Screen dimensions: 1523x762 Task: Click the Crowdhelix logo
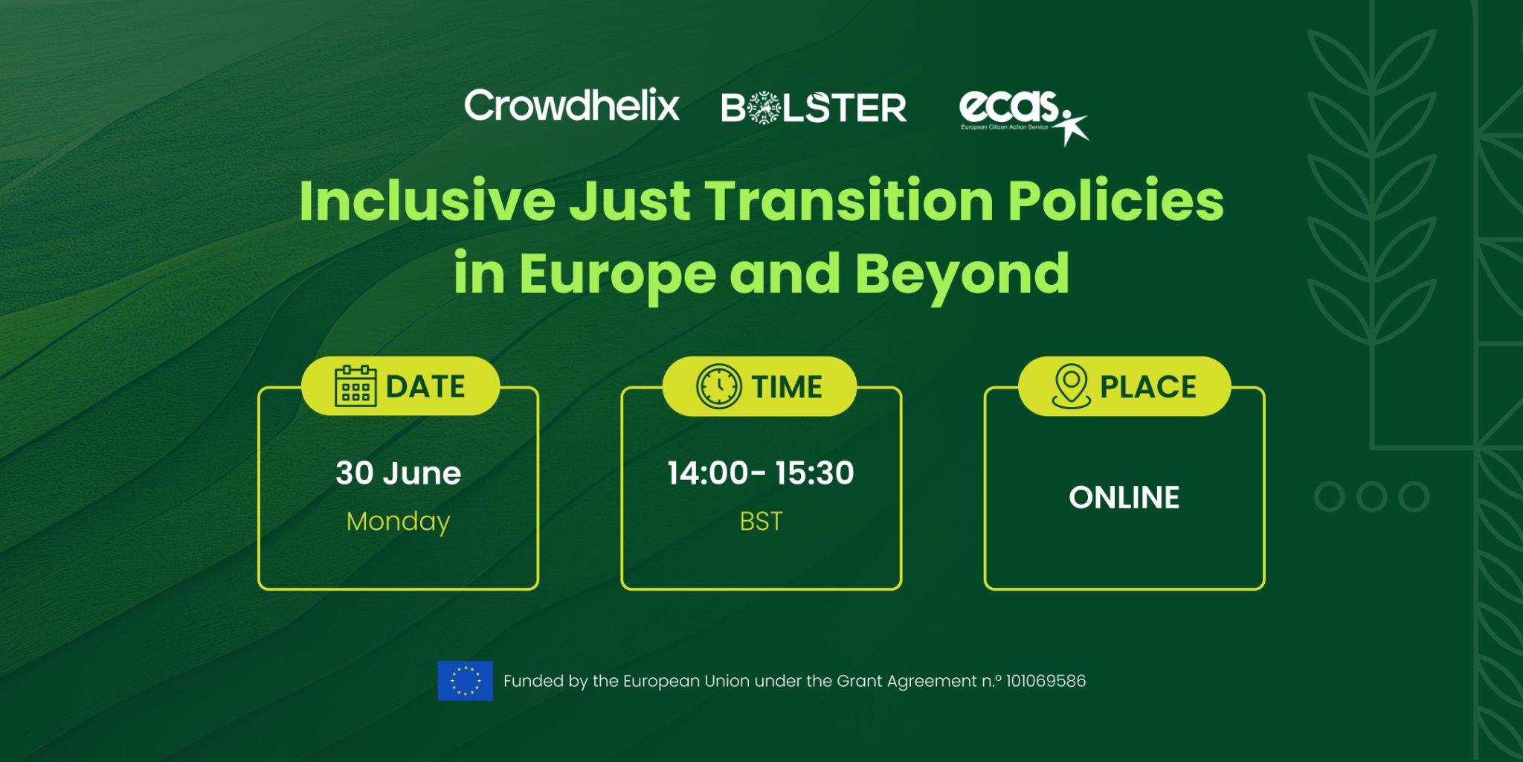click(x=572, y=106)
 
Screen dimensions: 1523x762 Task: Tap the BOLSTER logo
click(x=814, y=108)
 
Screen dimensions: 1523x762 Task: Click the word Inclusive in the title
click(x=428, y=201)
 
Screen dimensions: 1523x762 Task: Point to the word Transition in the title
click(x=849, y=201)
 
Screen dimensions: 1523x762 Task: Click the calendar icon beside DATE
click(x=355, y=386)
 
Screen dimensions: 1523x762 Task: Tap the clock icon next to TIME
click(x=718, y=386)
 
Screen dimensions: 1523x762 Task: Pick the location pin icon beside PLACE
click(x=1071, y=386)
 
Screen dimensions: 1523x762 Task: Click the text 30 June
click(x=399, y=473)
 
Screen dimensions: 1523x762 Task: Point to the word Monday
click(x=399, y=522)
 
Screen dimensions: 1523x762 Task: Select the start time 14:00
click(x=707, y=473)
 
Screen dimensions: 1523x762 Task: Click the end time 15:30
click(x=814, y=473)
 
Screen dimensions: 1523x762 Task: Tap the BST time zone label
click(x=761, y=522)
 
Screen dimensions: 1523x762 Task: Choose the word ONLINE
click(x=1124, y=497)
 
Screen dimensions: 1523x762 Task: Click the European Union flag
click(x=466, y=681)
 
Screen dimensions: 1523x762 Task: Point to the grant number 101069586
click(x=1046, y=681)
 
